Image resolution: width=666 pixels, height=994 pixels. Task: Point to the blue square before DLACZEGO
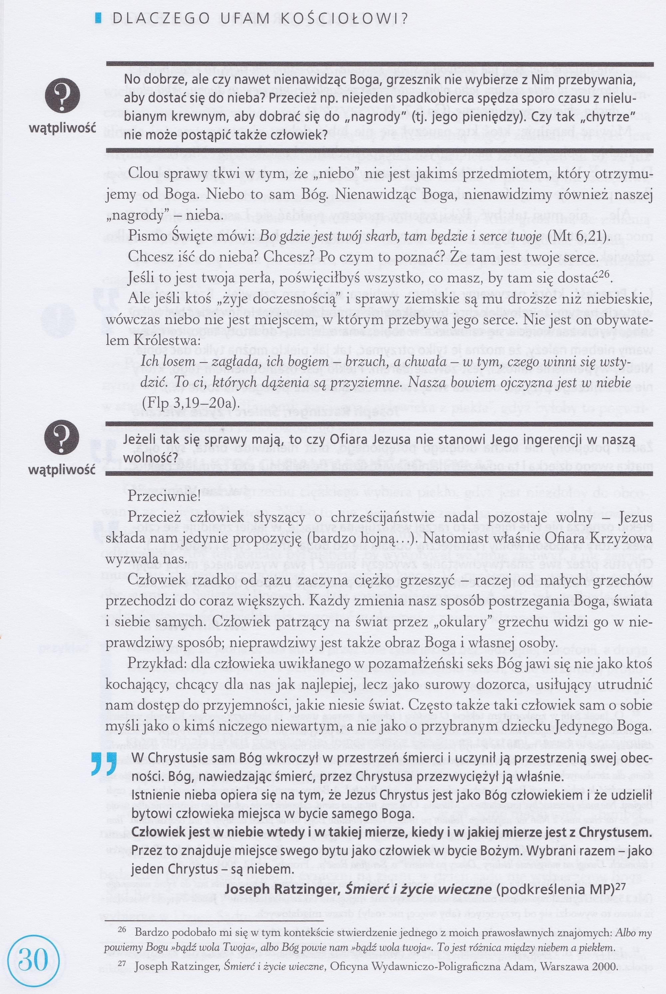click(x=99, y=19)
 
